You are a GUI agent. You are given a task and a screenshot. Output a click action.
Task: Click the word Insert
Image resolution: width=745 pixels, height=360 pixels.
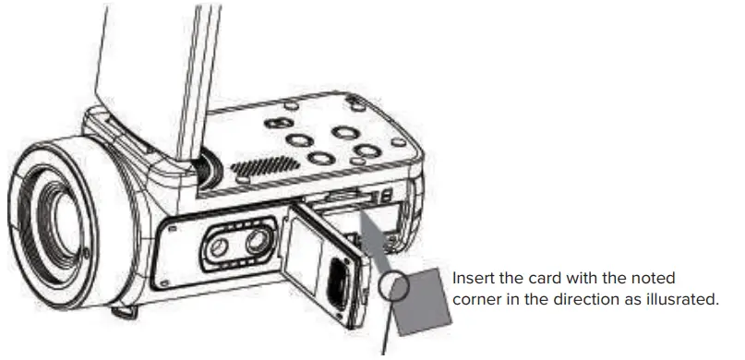tap(473, 279)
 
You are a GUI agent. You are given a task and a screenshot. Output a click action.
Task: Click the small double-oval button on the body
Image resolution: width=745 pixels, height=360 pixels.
tap(276, 123)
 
